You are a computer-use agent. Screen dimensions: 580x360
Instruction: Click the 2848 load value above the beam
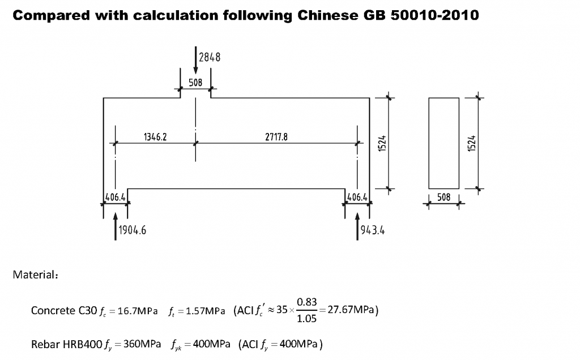210,57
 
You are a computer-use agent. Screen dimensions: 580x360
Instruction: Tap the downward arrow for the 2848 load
195,60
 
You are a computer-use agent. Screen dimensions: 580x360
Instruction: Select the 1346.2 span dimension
155,137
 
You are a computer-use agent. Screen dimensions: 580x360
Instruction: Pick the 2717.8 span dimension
276,137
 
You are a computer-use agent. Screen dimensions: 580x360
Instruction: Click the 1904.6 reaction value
133,230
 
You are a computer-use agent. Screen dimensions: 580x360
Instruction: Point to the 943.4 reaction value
373,230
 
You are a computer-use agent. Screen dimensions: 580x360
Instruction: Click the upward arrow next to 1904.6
116,226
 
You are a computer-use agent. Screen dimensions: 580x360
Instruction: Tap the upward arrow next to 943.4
357,226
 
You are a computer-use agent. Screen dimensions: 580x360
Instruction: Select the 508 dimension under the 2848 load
195,83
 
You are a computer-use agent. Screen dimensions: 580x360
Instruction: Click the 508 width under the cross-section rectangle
444,198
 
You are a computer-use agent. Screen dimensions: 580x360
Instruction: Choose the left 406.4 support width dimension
116,198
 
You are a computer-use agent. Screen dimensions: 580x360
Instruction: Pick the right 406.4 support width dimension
357,198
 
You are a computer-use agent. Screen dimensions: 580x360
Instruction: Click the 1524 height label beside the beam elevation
382,143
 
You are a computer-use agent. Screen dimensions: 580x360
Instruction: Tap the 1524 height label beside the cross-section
472,143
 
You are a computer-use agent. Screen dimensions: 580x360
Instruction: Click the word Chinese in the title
328,15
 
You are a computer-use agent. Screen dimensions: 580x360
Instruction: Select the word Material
35,275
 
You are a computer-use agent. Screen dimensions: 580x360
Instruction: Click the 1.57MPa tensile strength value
205,311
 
